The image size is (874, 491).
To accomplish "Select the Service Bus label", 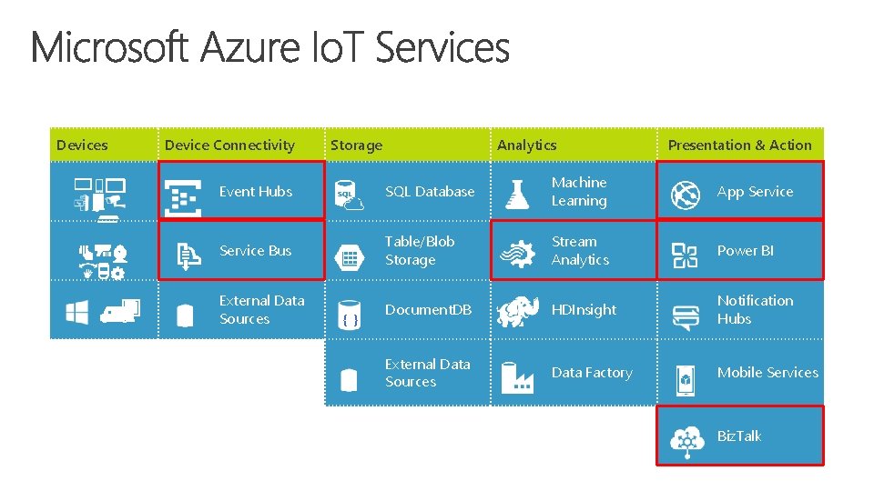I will point(255,251).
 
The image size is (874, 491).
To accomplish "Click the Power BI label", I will point(745,251).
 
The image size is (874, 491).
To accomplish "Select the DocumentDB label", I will point(428,310).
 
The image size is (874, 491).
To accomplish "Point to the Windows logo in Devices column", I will point(76,313).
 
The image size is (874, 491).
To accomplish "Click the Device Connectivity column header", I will point(229,145).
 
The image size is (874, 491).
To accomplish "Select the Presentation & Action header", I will point(739,145).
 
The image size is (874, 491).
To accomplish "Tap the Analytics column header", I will point(526,145).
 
